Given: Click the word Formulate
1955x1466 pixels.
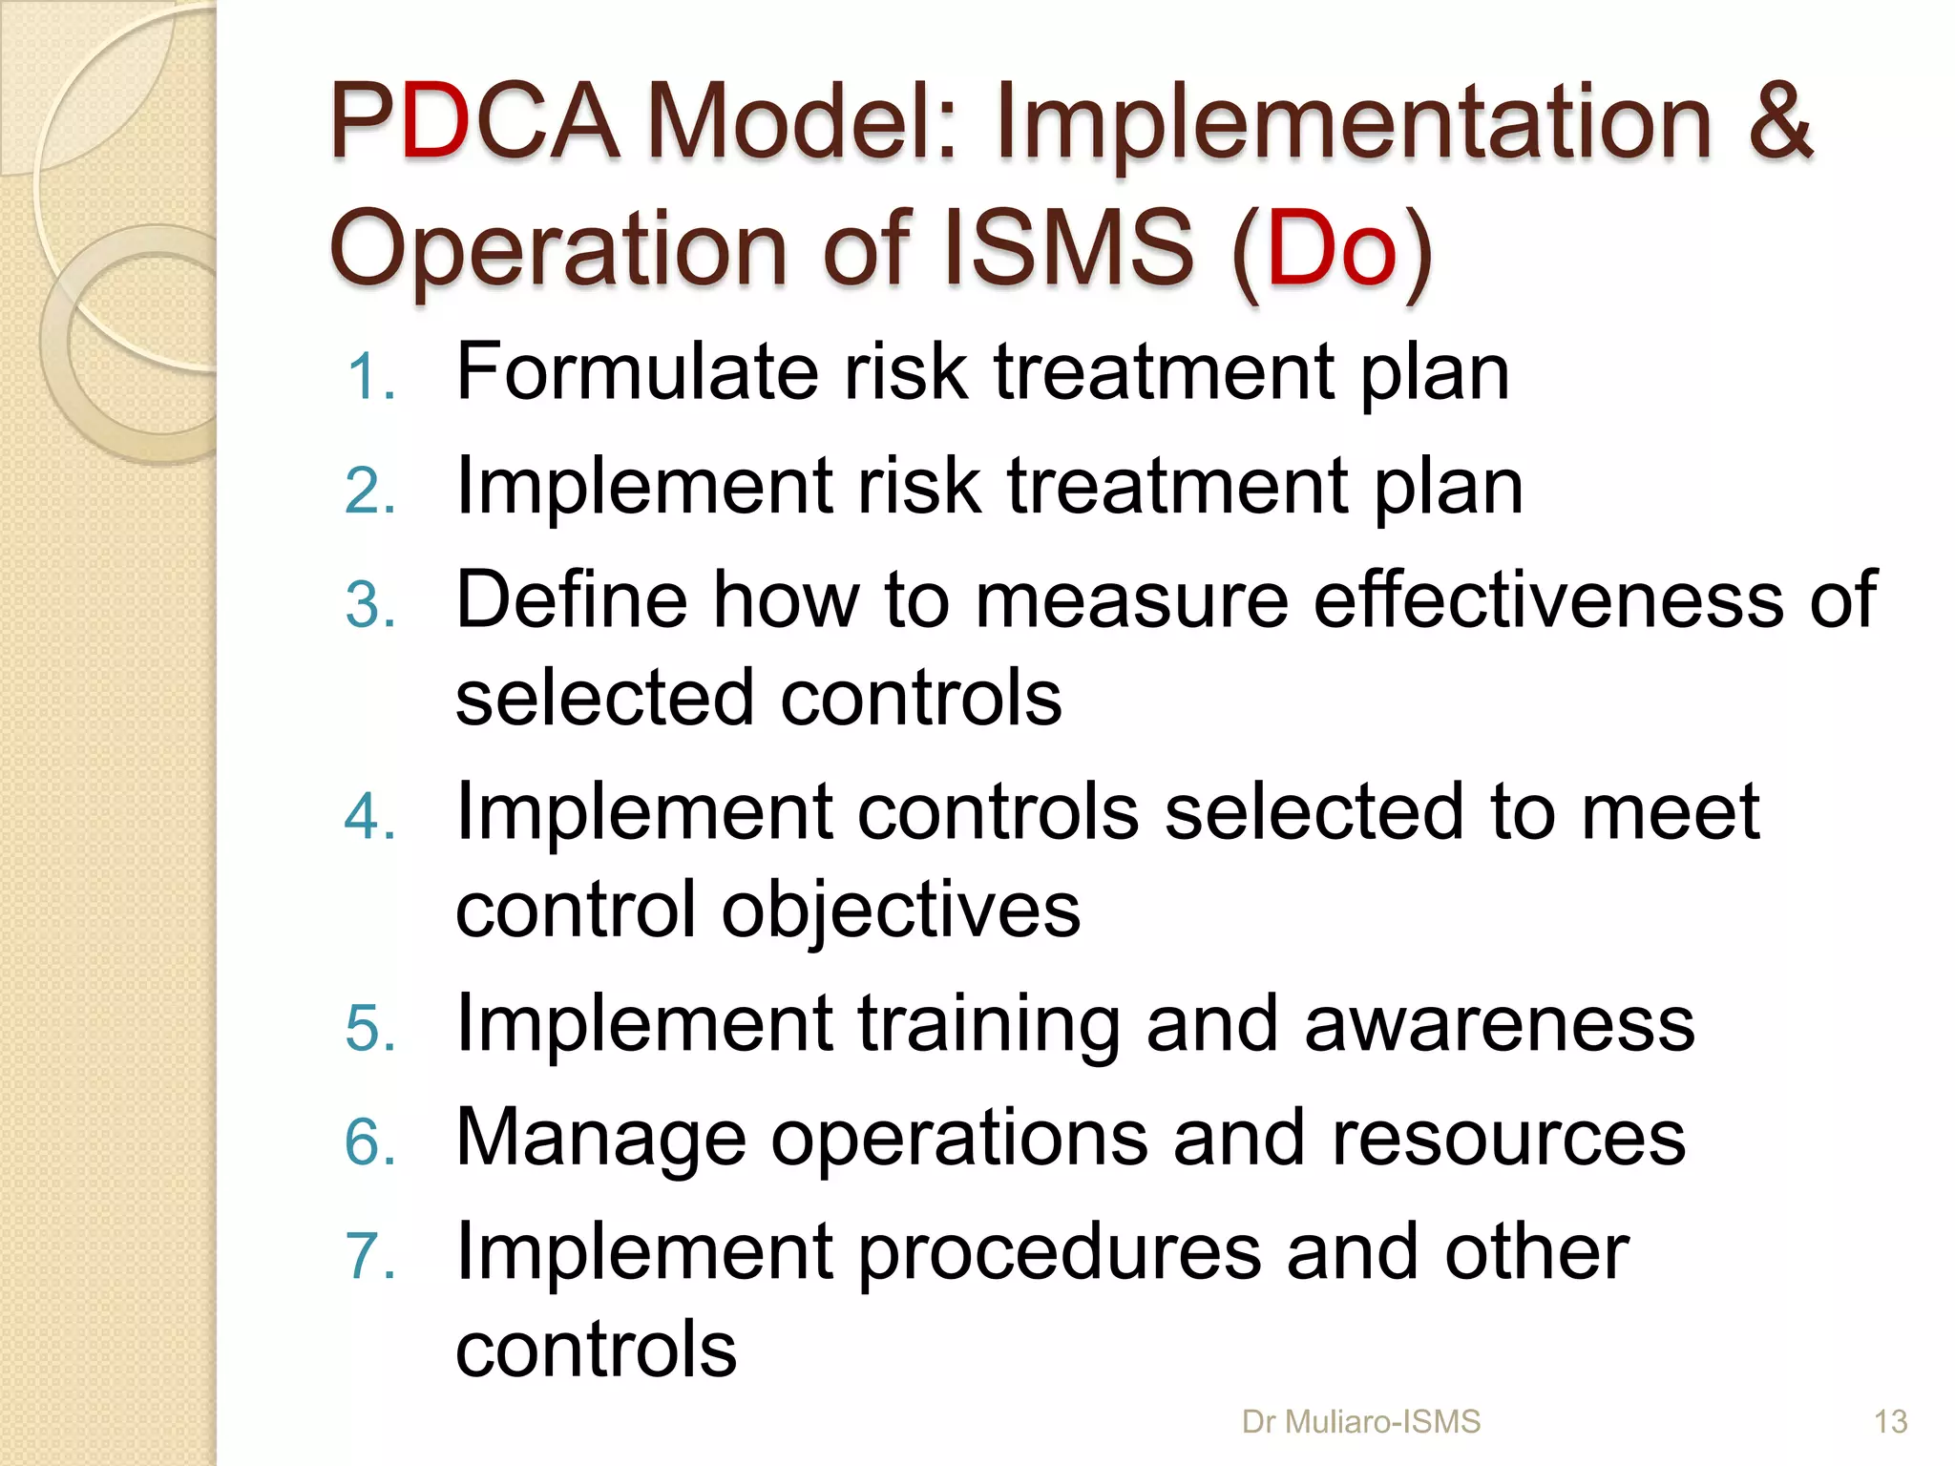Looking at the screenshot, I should tap(637, 372).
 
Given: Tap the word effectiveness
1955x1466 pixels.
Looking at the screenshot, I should tap(1548, 599).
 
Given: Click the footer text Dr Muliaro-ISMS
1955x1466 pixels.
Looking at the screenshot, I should tap(1360, 1422).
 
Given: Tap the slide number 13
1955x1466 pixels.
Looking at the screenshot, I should tap(1890, 1422).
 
